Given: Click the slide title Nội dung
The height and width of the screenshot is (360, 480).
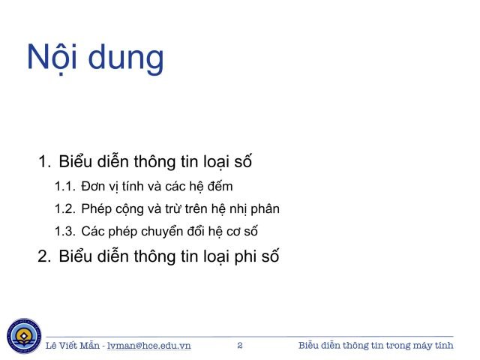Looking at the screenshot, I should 95,58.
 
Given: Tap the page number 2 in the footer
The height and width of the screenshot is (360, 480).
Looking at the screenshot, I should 240,346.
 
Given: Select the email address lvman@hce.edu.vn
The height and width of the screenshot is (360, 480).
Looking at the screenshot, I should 150,346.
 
